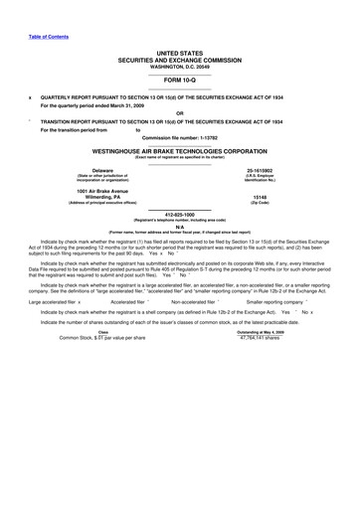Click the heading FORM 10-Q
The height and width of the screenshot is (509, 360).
pos(179,79)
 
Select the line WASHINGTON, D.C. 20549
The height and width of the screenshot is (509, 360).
pos(179,66)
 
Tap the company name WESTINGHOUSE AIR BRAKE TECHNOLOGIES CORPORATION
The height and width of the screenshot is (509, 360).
pos(179,150)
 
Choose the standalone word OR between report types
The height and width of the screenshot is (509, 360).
pos(179,112)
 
